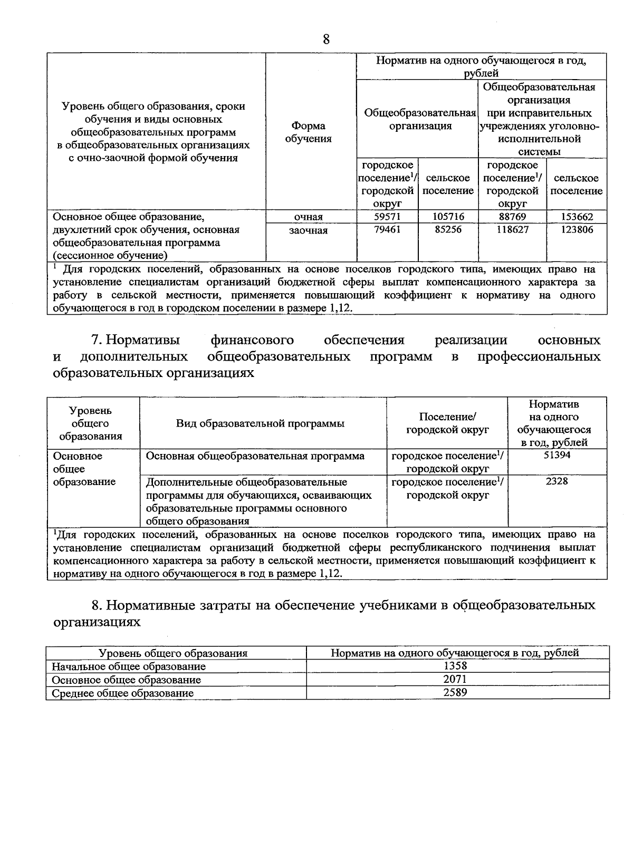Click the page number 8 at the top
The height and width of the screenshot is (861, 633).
[x=326, y=39]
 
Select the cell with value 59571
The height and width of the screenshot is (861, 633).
[x=387, y=217]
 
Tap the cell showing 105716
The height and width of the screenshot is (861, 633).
[x=448, y=217]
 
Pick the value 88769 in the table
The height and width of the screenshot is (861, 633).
[x=512, y=217]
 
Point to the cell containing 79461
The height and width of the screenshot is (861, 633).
[x=387, y=230]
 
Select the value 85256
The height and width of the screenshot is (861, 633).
[x=448, y=230]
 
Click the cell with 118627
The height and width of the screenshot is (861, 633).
[x=512, y=230]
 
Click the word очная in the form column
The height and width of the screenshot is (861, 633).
[x=309, y=217]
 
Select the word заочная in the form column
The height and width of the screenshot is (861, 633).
[x=309, y=230]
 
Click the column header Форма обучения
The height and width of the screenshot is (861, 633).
[x=309, y=132]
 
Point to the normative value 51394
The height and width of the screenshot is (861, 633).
[x=557, y=455]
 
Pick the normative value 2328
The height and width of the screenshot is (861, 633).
[x=557, y=481]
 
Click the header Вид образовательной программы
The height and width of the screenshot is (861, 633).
[x=261, y=423]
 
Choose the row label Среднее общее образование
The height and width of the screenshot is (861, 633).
[x=122, y=693]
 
